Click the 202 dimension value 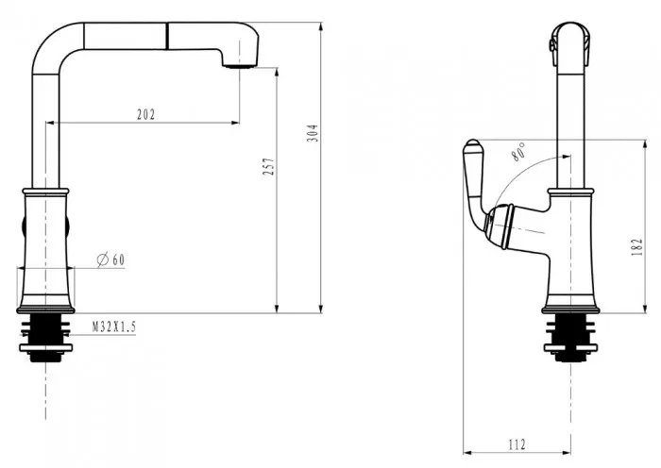145,114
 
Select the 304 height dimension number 313,133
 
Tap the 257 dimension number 268,167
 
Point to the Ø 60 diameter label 110,259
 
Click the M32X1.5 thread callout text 114,326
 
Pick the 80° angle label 519,152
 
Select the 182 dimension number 637,247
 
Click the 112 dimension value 517,444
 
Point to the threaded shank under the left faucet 46,338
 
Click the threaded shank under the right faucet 570,338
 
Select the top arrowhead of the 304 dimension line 321,27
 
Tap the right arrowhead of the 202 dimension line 235,123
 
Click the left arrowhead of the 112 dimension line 468,453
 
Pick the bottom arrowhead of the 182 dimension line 645,309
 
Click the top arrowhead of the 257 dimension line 277,73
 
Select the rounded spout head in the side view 570,44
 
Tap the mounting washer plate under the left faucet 46,348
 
